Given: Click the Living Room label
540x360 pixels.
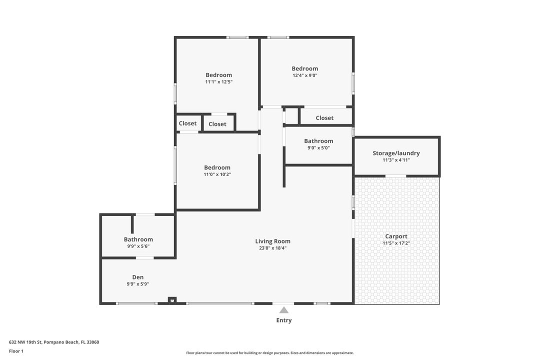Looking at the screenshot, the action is pyautogui.click(x=273, y=241).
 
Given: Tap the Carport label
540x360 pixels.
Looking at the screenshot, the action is pyautogui.click(x=396, y=236).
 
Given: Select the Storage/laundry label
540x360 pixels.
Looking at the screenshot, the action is pyautogui.click(x=396, y=153).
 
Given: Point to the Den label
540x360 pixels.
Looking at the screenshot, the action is pyautogui.click(x=138, y=277).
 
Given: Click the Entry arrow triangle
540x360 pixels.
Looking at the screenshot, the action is pyautogui.click(x=284, y=310).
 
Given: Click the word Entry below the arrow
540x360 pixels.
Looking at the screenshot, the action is pyautogui.click(x=284, y=320).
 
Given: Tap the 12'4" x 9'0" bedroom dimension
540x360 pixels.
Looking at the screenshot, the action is pyautogui.click(x=305, y=75).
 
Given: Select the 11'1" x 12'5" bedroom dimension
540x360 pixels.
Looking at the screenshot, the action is pyautogui.click(x=218, y=82).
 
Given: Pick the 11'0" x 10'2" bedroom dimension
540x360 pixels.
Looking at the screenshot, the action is pyautogui.click(x=217, y=174).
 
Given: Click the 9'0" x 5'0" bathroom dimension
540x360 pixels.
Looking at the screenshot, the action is pyautogui.click(x=318, y=148).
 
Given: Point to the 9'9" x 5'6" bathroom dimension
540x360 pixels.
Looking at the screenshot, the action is pyautogui.click(x=138, y=246).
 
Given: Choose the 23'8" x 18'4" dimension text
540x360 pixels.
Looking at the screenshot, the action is pyautogui.click(x=273, y=248).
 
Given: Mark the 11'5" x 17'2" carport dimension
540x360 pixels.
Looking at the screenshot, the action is pyautogui.click(x=396, y=243).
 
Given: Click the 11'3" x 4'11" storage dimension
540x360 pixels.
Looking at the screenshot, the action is pyautogui.click(x=396, y=160).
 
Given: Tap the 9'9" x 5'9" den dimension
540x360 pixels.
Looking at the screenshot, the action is pyautogui.click(x=138, y=284).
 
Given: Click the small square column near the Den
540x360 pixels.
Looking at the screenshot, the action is pyautogui.click(x=172, y=300).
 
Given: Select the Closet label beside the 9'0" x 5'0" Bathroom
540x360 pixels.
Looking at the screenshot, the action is pyautogui.click(x=324, y=118).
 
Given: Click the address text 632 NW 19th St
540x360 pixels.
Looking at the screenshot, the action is pyautogui.click(x=25, y=342).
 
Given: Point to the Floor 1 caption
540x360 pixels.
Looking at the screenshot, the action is pyautogui.click(x=16, y=351).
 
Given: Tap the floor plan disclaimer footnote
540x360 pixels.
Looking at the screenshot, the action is pyautogui.click(x=269, y=353).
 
